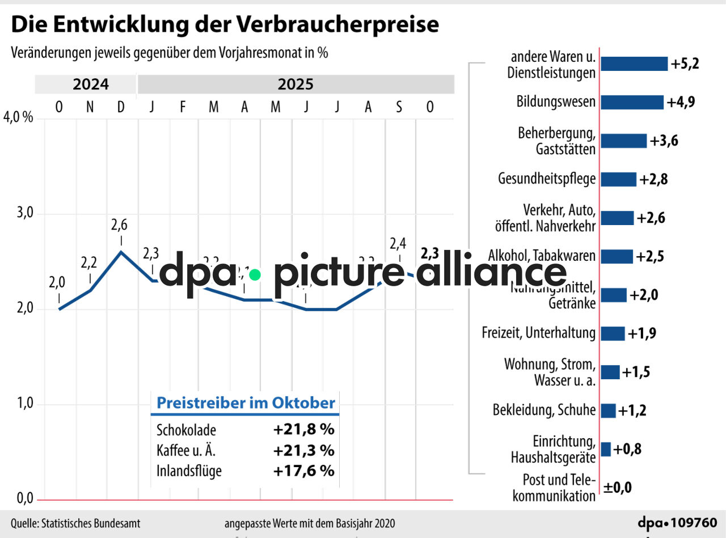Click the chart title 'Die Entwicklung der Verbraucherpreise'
[225, 25]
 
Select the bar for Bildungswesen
[632, 102]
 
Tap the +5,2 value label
[685, 63]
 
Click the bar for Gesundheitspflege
[618, 179]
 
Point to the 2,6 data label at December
[120, 225]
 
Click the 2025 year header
[296, 85]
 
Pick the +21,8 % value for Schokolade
[303, 429]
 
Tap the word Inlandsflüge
[189, 471]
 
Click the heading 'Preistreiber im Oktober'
[246, 403]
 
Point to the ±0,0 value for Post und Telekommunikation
[617, 487]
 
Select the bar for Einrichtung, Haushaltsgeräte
[606, 449]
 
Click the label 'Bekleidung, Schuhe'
[544, 410]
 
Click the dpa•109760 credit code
[677, 523]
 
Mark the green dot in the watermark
[255, 275]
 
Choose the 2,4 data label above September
[398, 244]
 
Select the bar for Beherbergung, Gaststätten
[623, 141]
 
